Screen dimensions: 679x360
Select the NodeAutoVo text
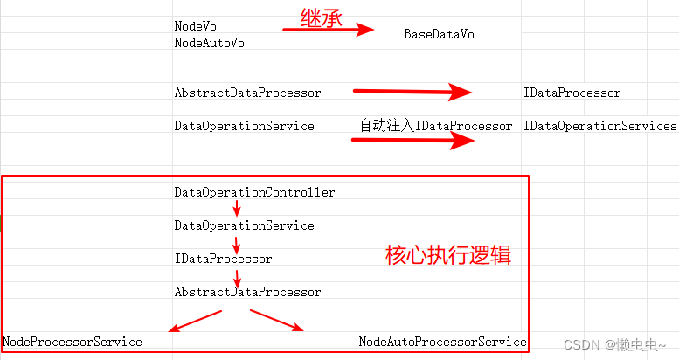coord(209,43)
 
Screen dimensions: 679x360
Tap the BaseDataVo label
coord(439,34)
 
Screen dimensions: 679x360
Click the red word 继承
coord(321,17)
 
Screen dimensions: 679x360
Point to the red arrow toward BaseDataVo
coord(329,30)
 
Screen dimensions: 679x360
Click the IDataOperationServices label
coord(599,126)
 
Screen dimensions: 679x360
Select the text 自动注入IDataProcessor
coord(436,126)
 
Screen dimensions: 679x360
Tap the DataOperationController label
coord(254,192)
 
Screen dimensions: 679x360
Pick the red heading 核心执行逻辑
coord(447,256)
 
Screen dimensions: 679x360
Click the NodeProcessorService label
coord(73,342)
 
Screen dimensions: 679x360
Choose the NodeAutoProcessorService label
coord(442,342)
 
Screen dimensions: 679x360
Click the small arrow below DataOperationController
coord(237,209)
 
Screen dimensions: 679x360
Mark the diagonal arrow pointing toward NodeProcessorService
coord(195,321)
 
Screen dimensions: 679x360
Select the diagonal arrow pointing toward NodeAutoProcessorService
coord(277,320)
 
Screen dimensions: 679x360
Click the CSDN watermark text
coord(614,345)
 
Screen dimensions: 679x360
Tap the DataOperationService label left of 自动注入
coord(244,126)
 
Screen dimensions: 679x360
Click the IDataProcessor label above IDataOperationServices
coord(572,93)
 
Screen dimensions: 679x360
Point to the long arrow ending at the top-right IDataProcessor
coord(412,91)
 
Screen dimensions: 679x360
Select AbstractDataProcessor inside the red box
coord(247,292)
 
